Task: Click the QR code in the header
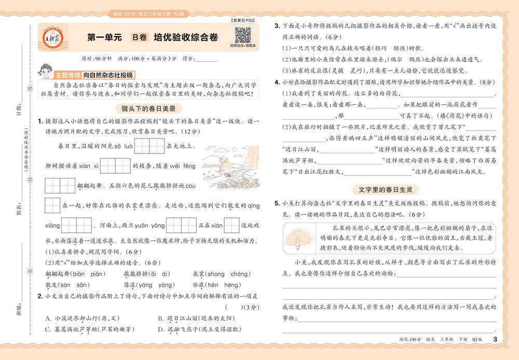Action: pyautogui.click(x=243, y=35)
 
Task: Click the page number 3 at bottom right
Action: pyautogui.click(x=494, y=340)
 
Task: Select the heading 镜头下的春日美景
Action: pyautogui.click(x=148, y=109)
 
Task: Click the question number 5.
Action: pyautogui.click(x=277, y=203)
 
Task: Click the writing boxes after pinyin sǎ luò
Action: pyautogui.click(x=149, y=145)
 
